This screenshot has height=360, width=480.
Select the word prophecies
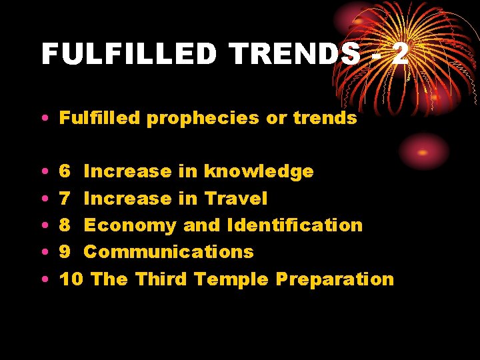point(201,119)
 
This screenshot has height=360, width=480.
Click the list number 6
point(65,171)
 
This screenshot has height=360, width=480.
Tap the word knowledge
point(259,171)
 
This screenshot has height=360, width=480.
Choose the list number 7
point(65,198)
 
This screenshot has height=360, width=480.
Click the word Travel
point(236,198)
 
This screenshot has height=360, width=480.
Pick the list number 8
point(65,225)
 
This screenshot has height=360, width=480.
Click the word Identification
point(295,225)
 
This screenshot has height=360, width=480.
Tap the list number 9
point(65,251)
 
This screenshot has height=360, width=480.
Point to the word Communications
point(169,251)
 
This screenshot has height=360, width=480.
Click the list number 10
point(71,278)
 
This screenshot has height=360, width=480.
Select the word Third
point(162,278)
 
